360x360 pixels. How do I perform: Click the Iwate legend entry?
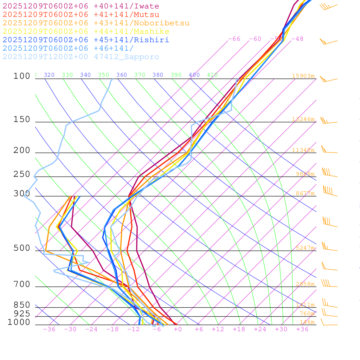[x=81, y=6]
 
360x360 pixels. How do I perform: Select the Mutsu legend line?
[x=81, y=15]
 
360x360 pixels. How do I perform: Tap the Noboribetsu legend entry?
[x=96, y=23]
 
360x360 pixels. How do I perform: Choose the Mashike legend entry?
[x=86, y=32]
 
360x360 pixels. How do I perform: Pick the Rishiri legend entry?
[x=86, y=40]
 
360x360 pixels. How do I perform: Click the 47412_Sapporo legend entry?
[x=81, y=57]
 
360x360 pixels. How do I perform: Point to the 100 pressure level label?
[x=22, y=76]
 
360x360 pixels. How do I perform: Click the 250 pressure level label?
[x=22, y=174]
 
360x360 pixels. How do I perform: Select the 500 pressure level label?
[x=22, y=248]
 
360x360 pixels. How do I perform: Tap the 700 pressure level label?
[x=22, y=284]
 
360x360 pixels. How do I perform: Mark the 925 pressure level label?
[x=22, y=314]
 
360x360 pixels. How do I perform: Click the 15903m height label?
[x=303, y=76]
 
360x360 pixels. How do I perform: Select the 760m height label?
[x=307, y=314]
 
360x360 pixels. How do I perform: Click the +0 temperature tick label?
[x=178, y=329]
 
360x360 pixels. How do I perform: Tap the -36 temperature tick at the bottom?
[x=49, y=329]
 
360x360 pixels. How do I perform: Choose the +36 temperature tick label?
[x=302, y=329]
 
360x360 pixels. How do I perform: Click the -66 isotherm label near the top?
[x=234, y=39]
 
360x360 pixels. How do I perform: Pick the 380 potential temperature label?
[x=158, y=75]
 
